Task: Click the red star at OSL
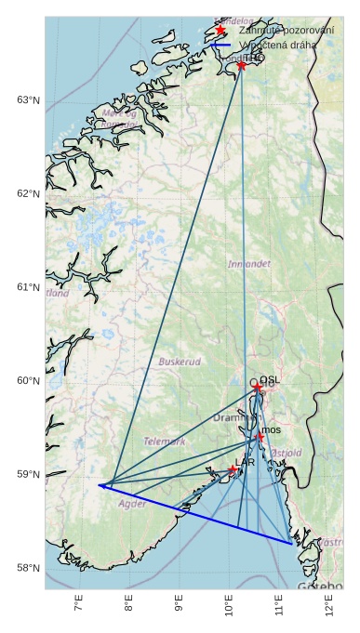(256, 385)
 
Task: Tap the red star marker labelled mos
(259, 436)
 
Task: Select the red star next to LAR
(233, 469)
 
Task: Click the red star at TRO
(242, 65)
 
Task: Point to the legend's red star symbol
(220, 30)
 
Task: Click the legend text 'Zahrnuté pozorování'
(287, 30)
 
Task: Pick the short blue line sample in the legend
(220, 44)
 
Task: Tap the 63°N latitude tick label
(29, 99)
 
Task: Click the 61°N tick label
(29, 287)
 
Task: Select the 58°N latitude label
(29, 568)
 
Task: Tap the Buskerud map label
(180, 362)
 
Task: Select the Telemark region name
(165, 442)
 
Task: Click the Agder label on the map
(132, 504)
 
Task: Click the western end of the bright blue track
(99, 485)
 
